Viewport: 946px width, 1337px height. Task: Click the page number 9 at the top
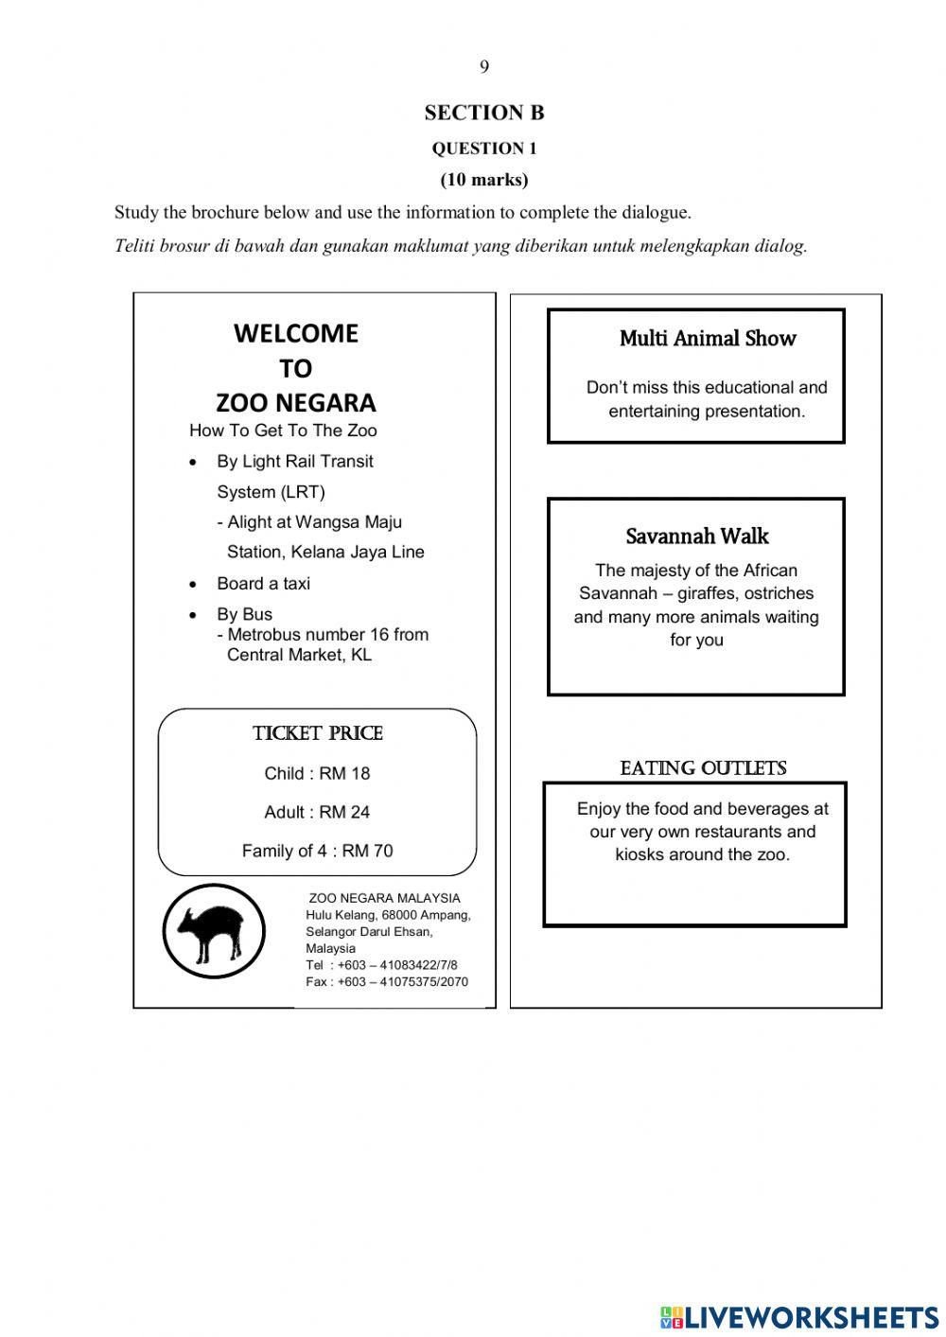pyautogui.click(x=483, y=66)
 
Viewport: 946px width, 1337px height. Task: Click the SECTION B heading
pyautogui.click(x=483, y=113)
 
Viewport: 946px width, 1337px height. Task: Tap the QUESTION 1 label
pyautogui.click(x=483, y=149)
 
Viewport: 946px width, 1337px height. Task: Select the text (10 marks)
pyautogui.click(x=483, y=180)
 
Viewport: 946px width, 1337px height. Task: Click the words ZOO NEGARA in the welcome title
pyautogui.click(x=295, y=403)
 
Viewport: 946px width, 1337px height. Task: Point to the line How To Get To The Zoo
pyautogui.click(x=283, y=431)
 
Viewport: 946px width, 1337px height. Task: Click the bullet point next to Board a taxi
pyautogui.click(x=194, y=585)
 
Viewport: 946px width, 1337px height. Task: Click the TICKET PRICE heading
pyautogui.click(x=317, y=733)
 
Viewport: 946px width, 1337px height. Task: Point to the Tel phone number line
pyautogui.click(x=381, y=965)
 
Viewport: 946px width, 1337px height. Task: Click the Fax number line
pyautogui.click(x=386, y=982)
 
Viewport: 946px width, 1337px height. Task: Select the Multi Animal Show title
pyautogui.click(x=707, y=339)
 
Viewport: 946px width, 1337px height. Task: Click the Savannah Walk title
pyautogui.click(x=696, y=537)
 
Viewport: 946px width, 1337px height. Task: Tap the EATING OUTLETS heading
pyautogui.click(x=703, y=768)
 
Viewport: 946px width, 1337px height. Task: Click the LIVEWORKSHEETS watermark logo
pyautogui.click(x=799, y=1317)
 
